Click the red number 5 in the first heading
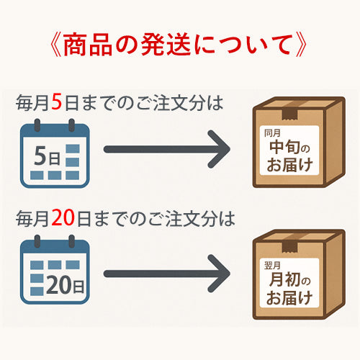tap(57, 102)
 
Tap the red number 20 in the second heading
tap(63, 218)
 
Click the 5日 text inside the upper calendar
tap(48, 156)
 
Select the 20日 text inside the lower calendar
tap(65, 284)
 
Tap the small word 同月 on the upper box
tap(272, 133)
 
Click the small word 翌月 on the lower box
tap(272, 266)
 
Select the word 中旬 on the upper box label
tap(284, 147)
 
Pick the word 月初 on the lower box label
tap(284, 279)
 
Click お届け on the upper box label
tap(289, 165)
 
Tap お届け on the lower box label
tap(289, 297)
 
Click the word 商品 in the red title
tap(88, 45)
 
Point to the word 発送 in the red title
tap(166, 45)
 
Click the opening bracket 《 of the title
tap(56, 45)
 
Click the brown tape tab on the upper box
tap(290, 114)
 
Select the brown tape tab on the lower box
tap(290, 247)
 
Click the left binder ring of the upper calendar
tap(37, 125)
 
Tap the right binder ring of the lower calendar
tap(71, 241)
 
